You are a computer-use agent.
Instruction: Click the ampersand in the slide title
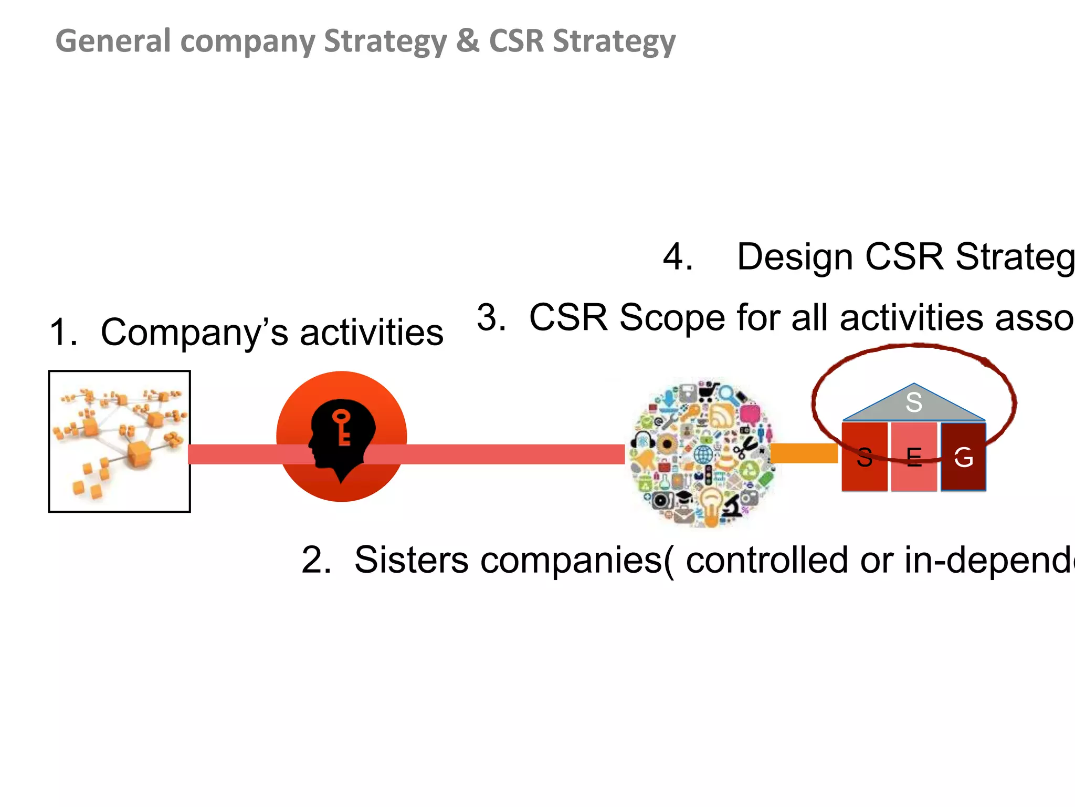click(467, 41)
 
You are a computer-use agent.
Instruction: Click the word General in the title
click(113, 41)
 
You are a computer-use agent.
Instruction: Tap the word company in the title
click(247, 42)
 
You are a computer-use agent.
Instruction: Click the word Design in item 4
click(795, 257)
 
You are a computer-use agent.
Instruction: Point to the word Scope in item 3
click(672, 318)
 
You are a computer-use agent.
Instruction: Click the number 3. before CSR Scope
click(491, 318)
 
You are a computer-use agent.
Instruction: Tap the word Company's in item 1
click(194, 333)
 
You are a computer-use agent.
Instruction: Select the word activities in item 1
click(372, 333)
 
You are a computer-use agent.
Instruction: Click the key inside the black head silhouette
click(342, 427)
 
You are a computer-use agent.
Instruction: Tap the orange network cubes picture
click(119, 441)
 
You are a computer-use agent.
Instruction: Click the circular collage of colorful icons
click(702, 452)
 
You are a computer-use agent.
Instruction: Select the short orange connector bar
click(803, 453)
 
